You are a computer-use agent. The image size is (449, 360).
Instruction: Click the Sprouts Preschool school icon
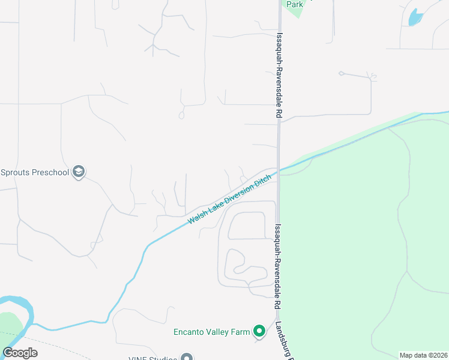[78, 173]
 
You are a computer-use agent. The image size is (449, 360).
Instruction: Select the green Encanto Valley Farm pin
[259, 331]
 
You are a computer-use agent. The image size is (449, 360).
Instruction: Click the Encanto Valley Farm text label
[211, 331]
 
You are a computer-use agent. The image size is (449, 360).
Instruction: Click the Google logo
[20, 353]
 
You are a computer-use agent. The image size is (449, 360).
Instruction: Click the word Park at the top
[295, 4]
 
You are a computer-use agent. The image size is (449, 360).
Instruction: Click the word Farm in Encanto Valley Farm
[240, 331]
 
